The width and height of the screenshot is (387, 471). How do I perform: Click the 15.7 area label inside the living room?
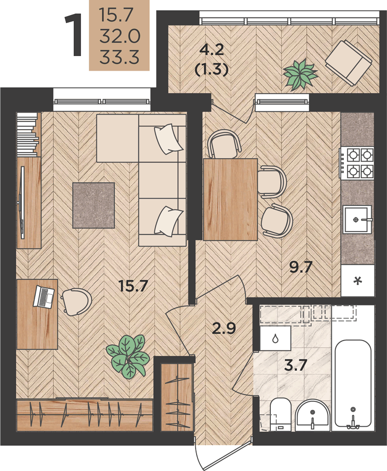click(133, 286)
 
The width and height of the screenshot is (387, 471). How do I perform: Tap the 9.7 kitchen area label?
click(301, 267)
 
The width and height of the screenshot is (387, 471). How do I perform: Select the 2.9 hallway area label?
click(224, 328)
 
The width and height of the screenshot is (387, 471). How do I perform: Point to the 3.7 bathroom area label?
click(295, 365)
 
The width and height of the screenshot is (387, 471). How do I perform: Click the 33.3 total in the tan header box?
click(119, 57)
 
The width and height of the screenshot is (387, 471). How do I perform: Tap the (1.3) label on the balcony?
click(212, 70)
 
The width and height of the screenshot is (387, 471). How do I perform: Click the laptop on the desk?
click(44, 296)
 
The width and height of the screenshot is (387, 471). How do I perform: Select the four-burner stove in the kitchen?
click(357, 163)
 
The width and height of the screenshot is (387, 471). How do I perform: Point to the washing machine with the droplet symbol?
click(276, 338)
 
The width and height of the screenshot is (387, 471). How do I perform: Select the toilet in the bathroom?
click(280, 414)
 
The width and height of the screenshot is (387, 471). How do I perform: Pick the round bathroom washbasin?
click(313, 415)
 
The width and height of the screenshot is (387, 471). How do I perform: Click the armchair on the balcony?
click(349, 63)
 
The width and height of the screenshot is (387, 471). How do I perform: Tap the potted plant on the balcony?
click(300, 74)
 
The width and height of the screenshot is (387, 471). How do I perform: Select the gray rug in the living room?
click(94, 205)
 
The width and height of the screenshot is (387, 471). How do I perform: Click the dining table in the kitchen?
click(230, 199)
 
